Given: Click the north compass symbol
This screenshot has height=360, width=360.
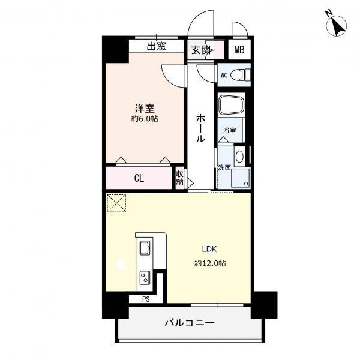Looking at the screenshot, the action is [337, 25].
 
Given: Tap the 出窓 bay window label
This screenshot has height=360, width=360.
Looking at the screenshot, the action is [156, 46].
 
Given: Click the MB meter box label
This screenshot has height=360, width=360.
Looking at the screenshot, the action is [239, 50].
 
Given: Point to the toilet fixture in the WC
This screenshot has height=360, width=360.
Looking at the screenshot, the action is [240, 74].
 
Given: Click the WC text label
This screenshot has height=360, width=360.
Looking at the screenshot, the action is [224, 75].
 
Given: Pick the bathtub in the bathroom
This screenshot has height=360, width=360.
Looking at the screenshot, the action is [232, 105].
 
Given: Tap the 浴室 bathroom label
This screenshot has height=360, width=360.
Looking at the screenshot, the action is [230, 130].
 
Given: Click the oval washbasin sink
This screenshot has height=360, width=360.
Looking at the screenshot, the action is [239, 157].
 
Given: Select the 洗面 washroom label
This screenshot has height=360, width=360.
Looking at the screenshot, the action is [224, 167].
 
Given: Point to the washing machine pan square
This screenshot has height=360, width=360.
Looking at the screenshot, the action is [241, 178].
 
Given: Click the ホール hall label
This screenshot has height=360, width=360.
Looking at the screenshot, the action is [200, 128].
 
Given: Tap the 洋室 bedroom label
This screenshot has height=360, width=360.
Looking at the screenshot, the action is [145, 109].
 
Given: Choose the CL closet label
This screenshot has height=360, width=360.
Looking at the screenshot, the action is [139, 178].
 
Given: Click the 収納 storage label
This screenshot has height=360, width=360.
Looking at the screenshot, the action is [180, 178].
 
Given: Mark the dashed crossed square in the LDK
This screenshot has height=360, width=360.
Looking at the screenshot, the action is [116, 203].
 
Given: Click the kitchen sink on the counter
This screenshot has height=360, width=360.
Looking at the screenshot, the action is [145, 248].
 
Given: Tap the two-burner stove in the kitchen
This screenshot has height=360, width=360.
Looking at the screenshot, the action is [145, 277].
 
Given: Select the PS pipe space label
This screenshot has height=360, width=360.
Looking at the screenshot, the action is [146, 299].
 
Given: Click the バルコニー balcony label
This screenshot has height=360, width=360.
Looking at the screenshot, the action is [190, 323].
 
